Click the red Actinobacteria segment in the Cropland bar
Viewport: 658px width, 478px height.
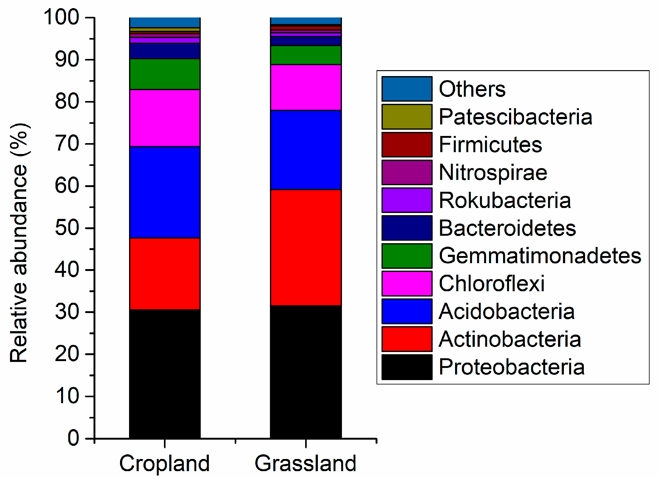coord(165,273)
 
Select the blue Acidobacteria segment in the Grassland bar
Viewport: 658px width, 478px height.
coord(305,150)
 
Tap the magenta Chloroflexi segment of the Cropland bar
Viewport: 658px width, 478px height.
coord(165,118)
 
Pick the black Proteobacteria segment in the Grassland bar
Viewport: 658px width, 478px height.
coord(305,371)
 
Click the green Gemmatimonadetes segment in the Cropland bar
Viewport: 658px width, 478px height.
coord(165,74)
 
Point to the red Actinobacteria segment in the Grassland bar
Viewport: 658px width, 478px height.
coord(305,247)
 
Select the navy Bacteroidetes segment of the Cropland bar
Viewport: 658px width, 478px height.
coord(165,51)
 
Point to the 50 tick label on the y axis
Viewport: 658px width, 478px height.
coord(67,228)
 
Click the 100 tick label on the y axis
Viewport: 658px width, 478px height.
coord(61,17)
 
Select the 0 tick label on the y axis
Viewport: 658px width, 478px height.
coord(74,438)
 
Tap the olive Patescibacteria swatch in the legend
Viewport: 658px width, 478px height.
coord(407,117)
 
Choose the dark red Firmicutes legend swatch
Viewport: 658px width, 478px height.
coord(407,144)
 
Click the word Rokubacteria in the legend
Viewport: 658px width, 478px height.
coord(505,200)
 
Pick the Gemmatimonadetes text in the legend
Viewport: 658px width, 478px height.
coord(540,256)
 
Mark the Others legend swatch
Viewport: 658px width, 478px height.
coord(407,89)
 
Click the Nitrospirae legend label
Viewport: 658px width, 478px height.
coord(493,172)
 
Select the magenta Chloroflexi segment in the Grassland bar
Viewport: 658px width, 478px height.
coord(305,87)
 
